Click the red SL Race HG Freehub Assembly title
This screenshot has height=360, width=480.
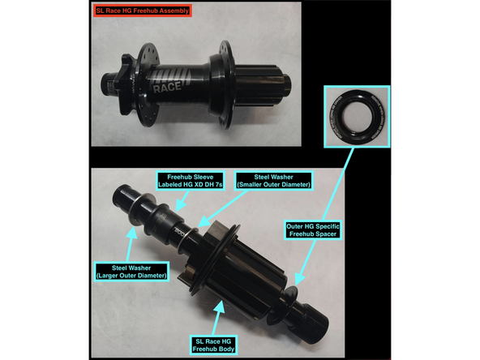click(x=143, y=11)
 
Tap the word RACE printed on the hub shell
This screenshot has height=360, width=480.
click(x=167, y=87)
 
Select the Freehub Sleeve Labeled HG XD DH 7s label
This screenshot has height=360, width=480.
click(x=190, y=181)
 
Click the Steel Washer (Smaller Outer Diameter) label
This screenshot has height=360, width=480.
click(x=274, y=181)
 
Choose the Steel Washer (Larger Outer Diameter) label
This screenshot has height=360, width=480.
click(x=131, y=272)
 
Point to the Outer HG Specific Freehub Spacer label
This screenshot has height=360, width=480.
click(x=312, y=230)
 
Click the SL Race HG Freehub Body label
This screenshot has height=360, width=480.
click(x=213, y=345)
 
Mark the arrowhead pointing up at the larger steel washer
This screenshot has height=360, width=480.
click(x=132, y=234)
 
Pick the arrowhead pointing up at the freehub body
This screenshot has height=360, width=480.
click(x=220, y=306)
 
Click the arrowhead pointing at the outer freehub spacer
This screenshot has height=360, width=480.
click(x=300, y=279)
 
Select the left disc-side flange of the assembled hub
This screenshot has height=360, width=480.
click(x=148, y=84)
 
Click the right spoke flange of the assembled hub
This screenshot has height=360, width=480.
click(x=225, y=84)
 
